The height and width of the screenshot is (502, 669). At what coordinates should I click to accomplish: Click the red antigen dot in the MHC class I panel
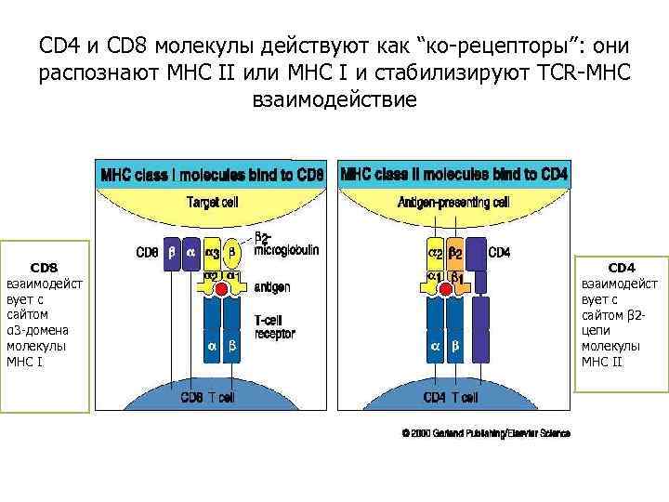point(220,290)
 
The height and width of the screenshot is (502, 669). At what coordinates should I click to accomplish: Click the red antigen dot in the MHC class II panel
point(445,290)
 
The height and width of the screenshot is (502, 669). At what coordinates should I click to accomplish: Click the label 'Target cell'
point(214,202)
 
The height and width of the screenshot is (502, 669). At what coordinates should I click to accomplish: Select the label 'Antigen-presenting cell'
point(453,202)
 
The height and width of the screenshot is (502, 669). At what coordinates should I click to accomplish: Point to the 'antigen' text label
point(271,288)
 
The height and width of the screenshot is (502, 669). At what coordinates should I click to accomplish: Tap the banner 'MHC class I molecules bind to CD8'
point(213,174)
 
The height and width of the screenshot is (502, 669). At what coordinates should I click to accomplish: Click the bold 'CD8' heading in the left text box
point(45,265)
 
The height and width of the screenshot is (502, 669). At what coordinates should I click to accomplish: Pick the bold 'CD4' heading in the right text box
point(622,265)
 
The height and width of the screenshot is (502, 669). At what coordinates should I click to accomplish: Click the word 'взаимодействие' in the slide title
point(334,98)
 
